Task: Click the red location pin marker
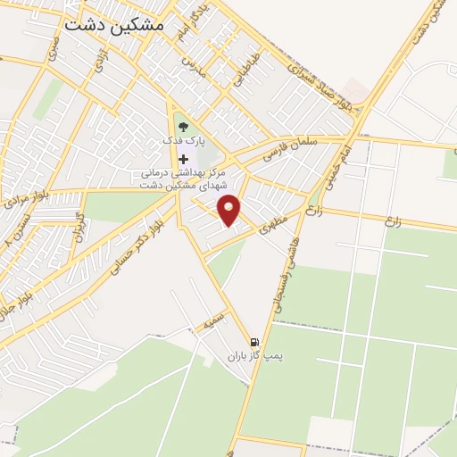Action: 231,210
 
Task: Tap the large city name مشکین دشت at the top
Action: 114,26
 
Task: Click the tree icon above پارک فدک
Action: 183,128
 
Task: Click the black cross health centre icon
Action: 183,158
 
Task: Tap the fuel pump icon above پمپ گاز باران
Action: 255,342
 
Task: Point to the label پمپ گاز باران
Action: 253,356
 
